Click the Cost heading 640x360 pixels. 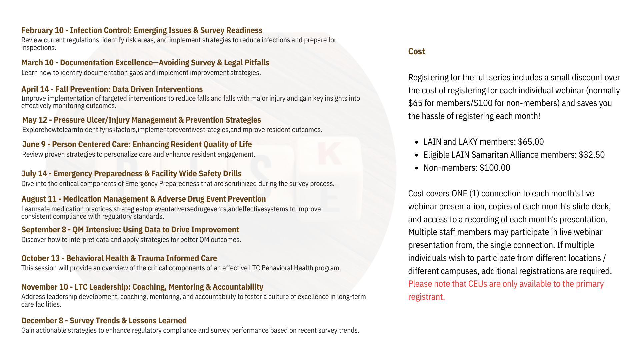(416, 51)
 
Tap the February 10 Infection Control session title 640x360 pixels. (142, 30)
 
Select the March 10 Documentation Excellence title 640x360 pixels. (145, 63)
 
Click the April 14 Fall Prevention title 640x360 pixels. (112, 89)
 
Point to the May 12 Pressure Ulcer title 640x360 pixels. (142, 120)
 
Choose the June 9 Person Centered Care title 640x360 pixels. (137, 144)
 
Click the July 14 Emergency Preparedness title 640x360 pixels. (131, 174)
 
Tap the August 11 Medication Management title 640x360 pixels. (144, 199)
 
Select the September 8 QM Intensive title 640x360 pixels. (130, 230)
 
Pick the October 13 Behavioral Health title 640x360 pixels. (119, 258)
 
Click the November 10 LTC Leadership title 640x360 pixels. (142, 287)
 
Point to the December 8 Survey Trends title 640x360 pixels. (104, 321)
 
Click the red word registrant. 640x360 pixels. (426, 297)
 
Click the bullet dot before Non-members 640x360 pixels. (417, 168)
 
